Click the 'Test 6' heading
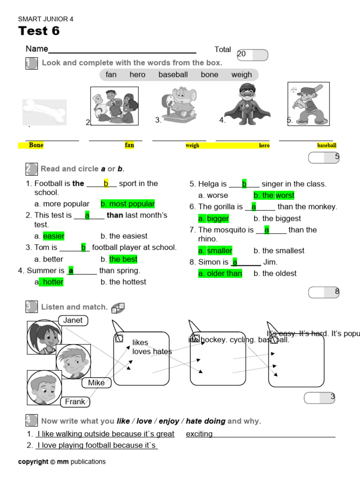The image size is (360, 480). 39,31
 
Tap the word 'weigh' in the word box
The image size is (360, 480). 241,75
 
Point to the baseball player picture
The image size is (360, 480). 308,104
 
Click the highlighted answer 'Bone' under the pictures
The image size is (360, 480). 36,145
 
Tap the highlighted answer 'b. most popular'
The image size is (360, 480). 127,204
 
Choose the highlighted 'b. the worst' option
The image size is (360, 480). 274,195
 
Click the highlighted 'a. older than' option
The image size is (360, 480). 220,273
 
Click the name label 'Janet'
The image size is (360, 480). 73,321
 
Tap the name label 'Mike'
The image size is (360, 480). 97,383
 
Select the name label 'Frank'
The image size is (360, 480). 75,402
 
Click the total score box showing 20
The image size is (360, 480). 253,55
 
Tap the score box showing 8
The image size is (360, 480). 324,292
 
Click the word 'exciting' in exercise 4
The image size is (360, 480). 199,434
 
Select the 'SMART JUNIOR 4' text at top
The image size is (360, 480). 45,19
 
